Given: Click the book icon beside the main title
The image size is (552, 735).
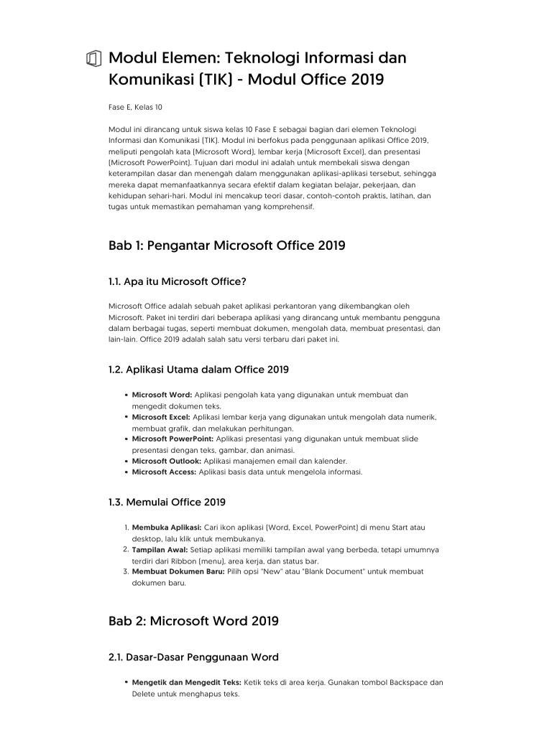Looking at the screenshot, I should click(x=92, y=59).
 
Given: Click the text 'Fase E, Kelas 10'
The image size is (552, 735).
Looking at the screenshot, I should click(x=135, y=108).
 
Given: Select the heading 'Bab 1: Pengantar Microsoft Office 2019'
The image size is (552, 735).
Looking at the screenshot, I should click(x=226, y=245).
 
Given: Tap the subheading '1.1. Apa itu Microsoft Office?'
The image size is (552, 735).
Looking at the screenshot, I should click(x=182, y=281).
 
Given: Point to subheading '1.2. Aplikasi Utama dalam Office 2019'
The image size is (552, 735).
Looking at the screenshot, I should click(x=198, y=370).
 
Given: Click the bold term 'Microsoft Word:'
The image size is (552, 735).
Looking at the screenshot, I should click(x=162, y=395).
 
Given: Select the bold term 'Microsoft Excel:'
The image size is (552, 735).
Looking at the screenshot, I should click(x=161, y=417).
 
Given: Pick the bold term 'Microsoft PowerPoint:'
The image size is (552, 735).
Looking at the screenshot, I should click(x=172, y=439).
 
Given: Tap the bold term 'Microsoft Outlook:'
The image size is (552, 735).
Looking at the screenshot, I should click(x=167, y=461).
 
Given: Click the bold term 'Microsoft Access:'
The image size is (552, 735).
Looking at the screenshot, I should click(x=165, y=472).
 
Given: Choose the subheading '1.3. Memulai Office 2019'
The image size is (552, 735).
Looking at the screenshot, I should click(x=167, y=502).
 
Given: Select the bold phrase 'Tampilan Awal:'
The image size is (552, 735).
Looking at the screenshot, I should click(x=160, y=550).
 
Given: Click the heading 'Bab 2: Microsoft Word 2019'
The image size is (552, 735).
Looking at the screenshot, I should click(x=193, y=621).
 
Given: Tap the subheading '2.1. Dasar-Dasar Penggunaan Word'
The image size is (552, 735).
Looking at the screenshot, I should click(x=193, y=657).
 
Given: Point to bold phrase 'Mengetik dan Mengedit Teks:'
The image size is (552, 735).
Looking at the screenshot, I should click(x=187, y=683).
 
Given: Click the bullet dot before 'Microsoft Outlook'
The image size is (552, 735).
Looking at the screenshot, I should click(x=126, y=461).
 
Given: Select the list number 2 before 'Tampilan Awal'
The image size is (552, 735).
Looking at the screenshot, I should click(x=126, y=550).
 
